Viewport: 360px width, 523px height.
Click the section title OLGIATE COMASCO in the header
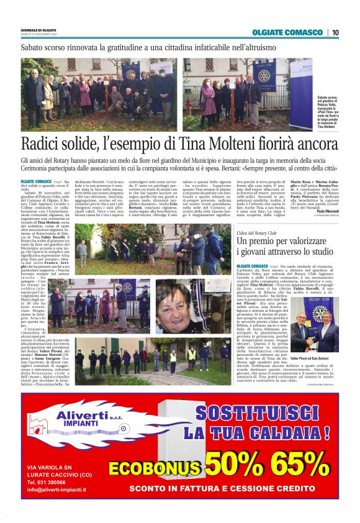click(x=287, y=32)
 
